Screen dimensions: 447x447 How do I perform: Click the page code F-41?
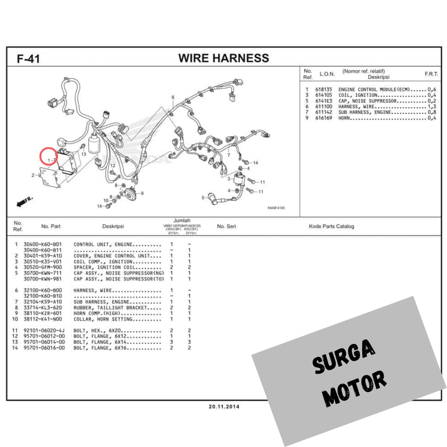28,59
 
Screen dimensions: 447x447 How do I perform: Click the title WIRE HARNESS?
223,58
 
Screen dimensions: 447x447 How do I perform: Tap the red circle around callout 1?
48,157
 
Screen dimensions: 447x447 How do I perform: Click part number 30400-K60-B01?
42,244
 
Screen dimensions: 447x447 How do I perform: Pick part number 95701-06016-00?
44,348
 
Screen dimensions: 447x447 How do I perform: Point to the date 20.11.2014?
224,407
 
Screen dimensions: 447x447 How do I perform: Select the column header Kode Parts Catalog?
331,226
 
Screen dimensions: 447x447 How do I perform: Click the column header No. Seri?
227,226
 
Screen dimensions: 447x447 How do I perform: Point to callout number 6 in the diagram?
173,97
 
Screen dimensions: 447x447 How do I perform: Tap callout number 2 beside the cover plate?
33,175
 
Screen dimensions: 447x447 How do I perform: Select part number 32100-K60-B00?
42,290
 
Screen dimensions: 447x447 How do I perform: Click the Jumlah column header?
180,221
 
